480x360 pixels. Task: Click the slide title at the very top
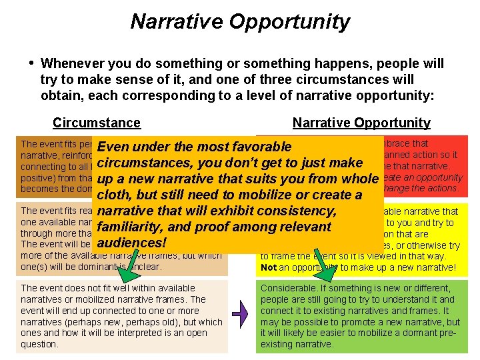click(x=240, y=21)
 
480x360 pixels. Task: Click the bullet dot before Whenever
click(x=31, y=63)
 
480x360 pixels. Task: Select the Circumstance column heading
click(x=97, y=123)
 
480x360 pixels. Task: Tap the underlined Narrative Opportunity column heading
click(x=361, y=123)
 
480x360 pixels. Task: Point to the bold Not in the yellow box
click(x=268, y=267)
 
